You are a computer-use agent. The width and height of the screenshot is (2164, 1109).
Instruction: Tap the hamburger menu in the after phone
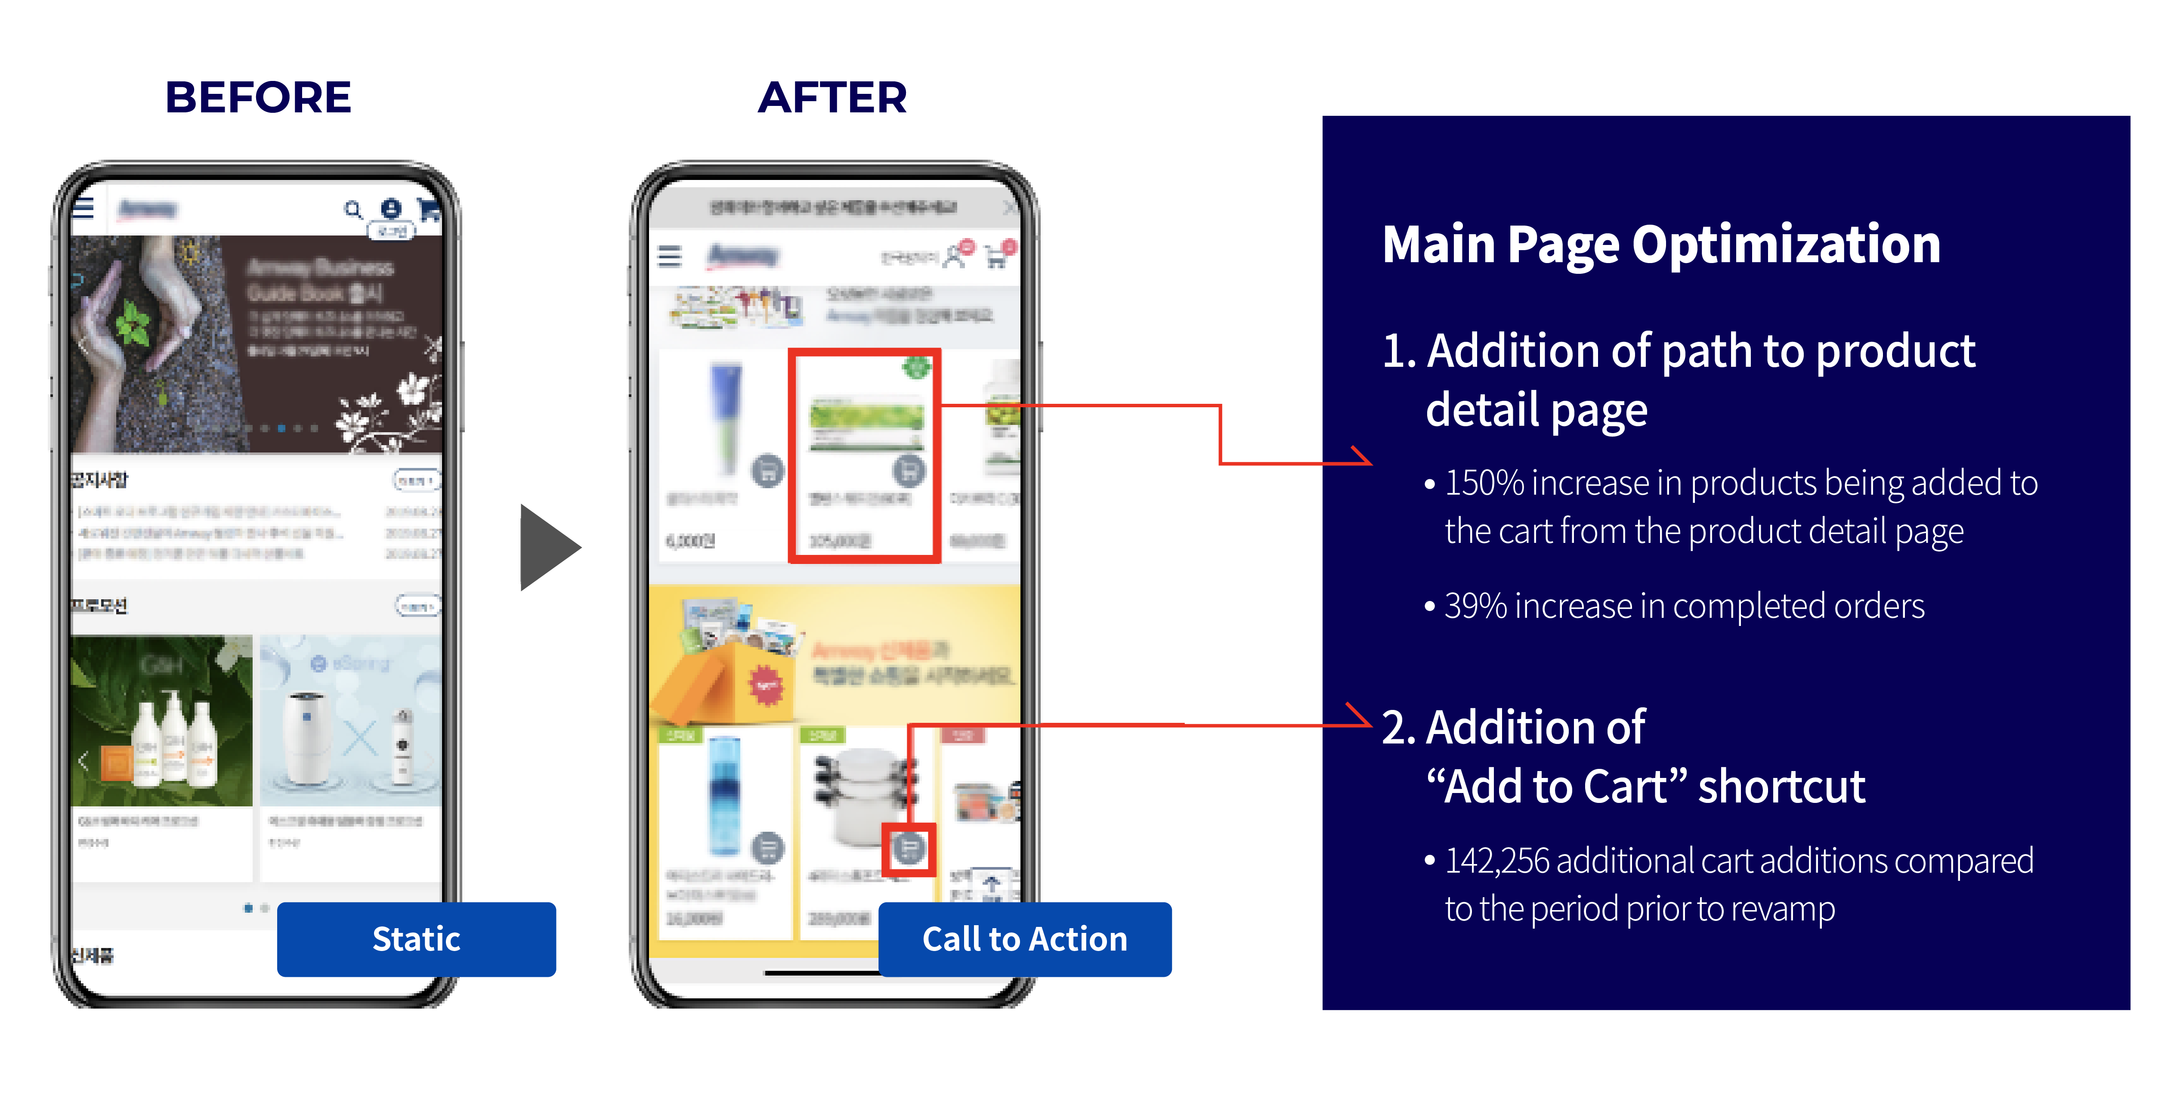(670, 255)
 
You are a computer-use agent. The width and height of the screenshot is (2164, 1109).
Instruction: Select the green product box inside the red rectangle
(865, 424)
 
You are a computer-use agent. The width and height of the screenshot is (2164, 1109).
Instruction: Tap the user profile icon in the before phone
(391, 208)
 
